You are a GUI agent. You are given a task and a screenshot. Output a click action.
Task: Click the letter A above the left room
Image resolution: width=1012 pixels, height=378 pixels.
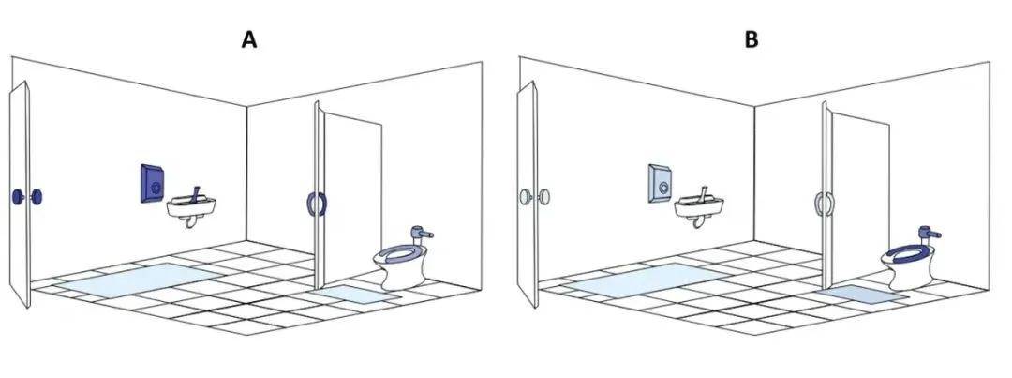(249, 40)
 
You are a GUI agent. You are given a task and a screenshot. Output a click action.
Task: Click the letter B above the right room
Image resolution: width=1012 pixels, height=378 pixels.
(752, 40)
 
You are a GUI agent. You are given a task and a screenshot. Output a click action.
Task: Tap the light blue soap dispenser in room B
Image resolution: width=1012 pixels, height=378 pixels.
(659, 184)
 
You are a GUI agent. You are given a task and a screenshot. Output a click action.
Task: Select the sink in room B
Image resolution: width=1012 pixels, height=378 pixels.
(699, 206)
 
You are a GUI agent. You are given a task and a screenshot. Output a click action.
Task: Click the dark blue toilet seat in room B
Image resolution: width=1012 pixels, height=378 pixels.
(906, 252)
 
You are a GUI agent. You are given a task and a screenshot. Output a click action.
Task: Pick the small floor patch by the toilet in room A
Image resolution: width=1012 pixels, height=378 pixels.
(354, 294)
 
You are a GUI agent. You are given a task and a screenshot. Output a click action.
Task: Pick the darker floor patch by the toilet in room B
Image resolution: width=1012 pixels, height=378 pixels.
(862, 294)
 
